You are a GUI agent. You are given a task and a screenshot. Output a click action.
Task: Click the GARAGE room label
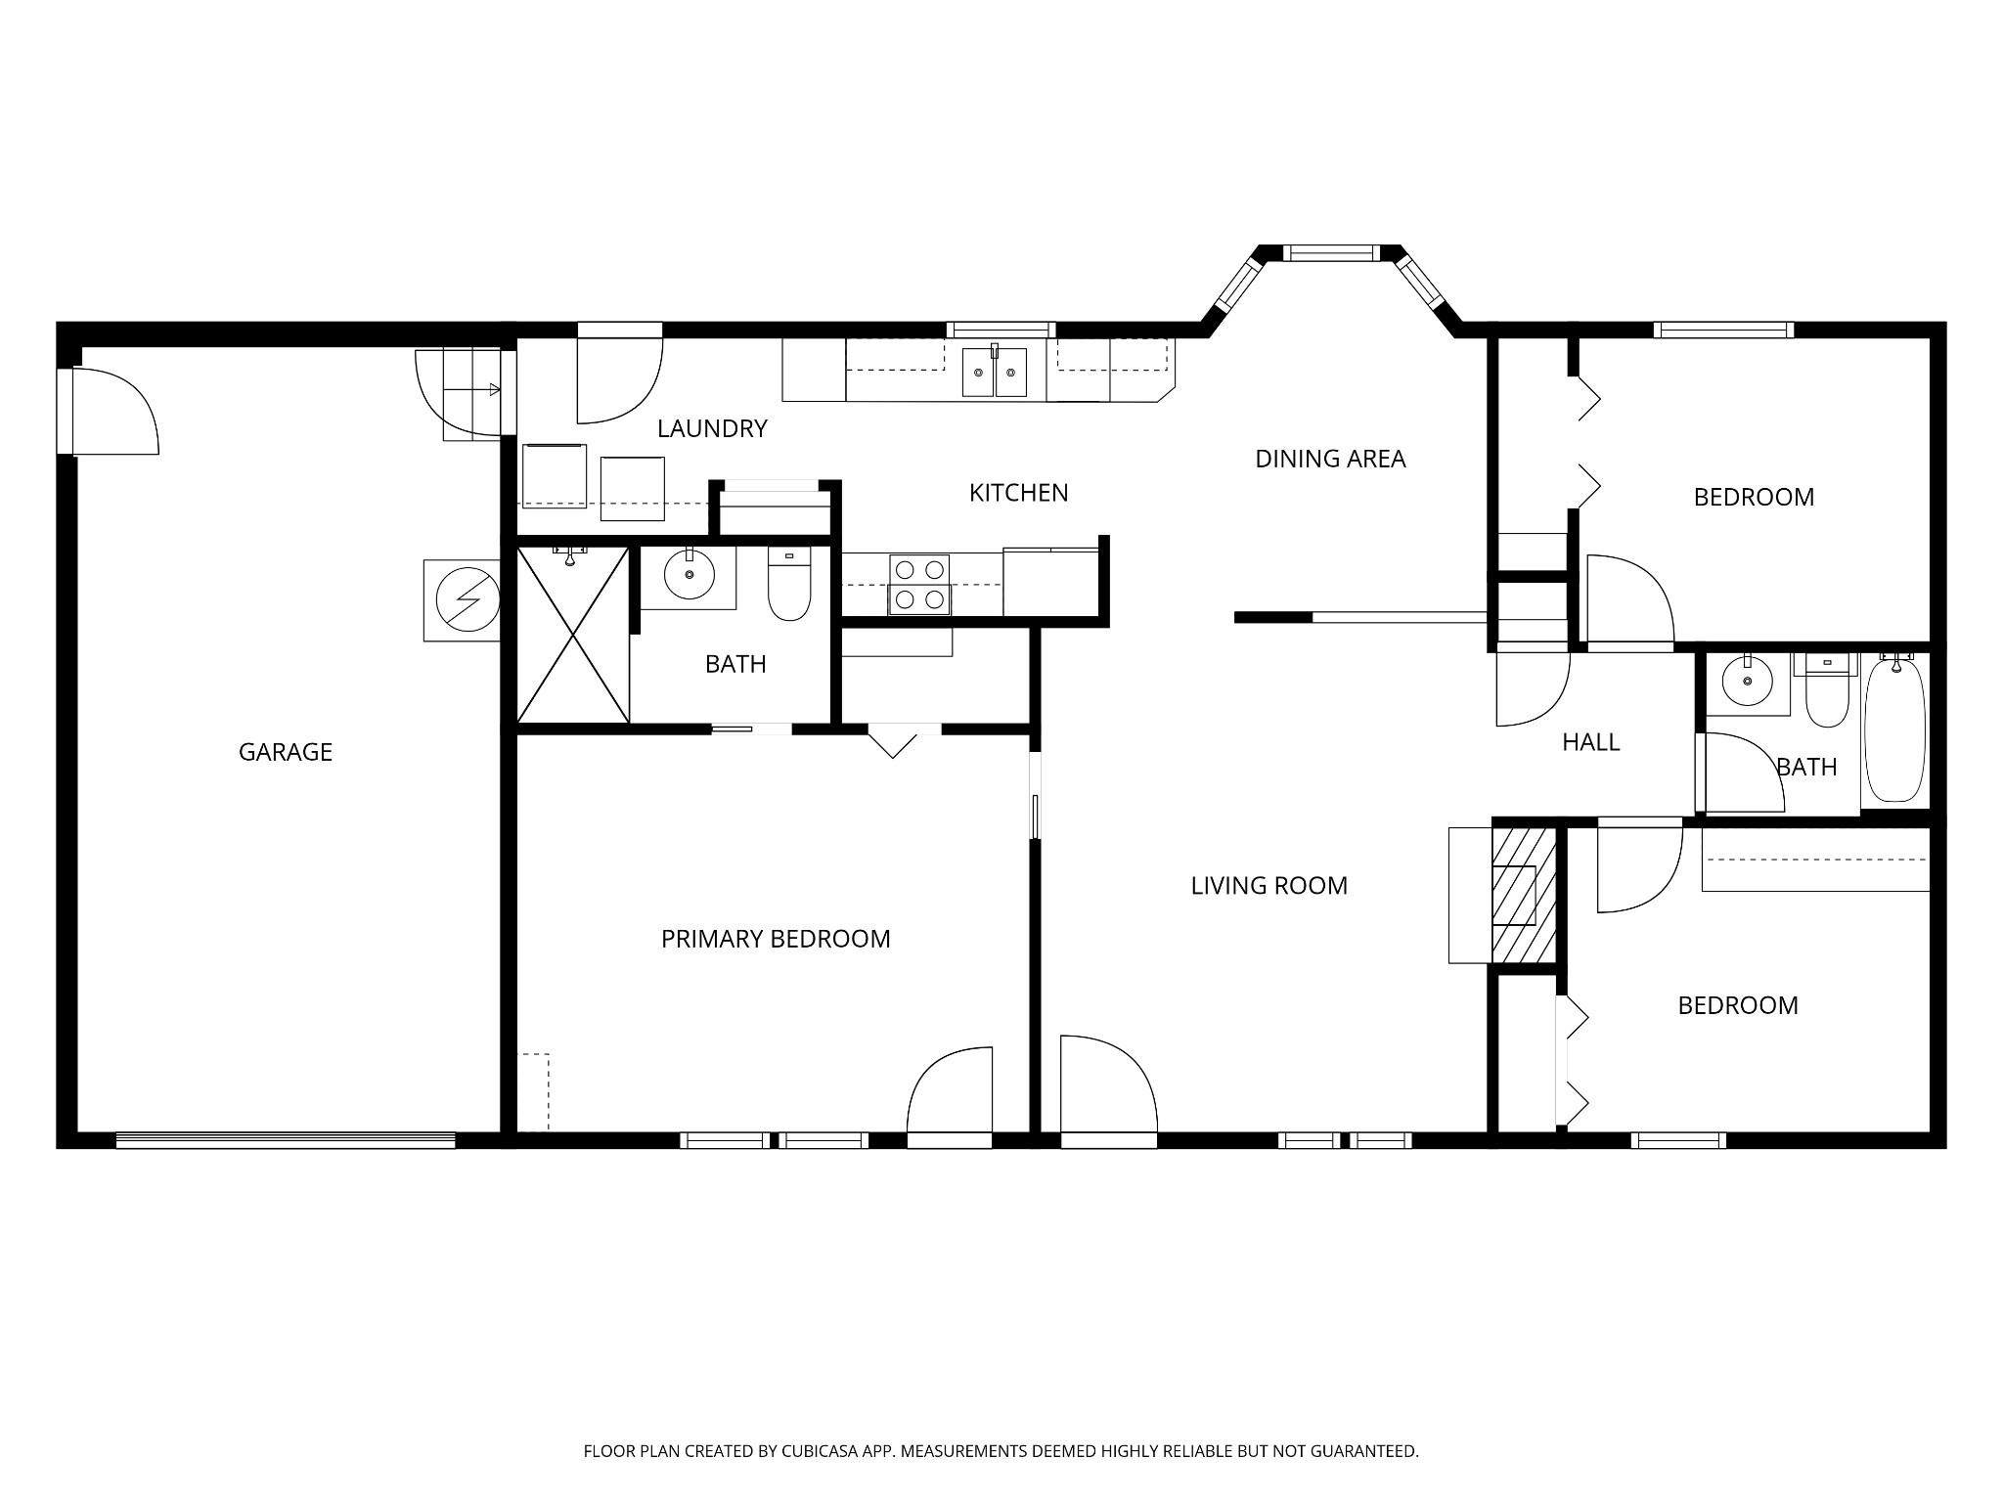[x=286, y=752]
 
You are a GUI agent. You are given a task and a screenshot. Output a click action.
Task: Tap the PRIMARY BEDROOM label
[x=776, y=939]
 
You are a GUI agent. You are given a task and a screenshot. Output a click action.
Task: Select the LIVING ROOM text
[x=1269, y=886]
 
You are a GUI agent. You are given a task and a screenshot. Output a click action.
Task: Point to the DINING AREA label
[x=1330, y=459]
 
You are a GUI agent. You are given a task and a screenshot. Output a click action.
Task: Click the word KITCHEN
[x=1018, y=493]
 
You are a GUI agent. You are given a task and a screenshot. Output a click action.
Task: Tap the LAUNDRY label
[x=712, y=428]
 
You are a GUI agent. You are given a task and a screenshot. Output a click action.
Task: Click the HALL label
[x=1590, y=742]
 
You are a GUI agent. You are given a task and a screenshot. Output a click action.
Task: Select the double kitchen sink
[x=995, y=373]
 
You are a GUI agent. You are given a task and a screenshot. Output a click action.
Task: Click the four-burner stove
[x=919, y=584]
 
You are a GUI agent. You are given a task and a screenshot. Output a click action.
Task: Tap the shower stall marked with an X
[x=572, y=636]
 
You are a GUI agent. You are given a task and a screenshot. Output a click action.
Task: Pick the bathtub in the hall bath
[x=1895, y=729]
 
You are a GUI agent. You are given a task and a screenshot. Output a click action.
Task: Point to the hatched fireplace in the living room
[x=1523, y=895]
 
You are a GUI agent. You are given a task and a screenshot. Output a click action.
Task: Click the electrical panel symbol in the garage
[x=462, y=599]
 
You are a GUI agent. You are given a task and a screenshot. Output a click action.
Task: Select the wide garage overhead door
[x=285, y=1139]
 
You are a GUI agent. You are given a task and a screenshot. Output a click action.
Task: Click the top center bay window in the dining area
[x=1329, y=253]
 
